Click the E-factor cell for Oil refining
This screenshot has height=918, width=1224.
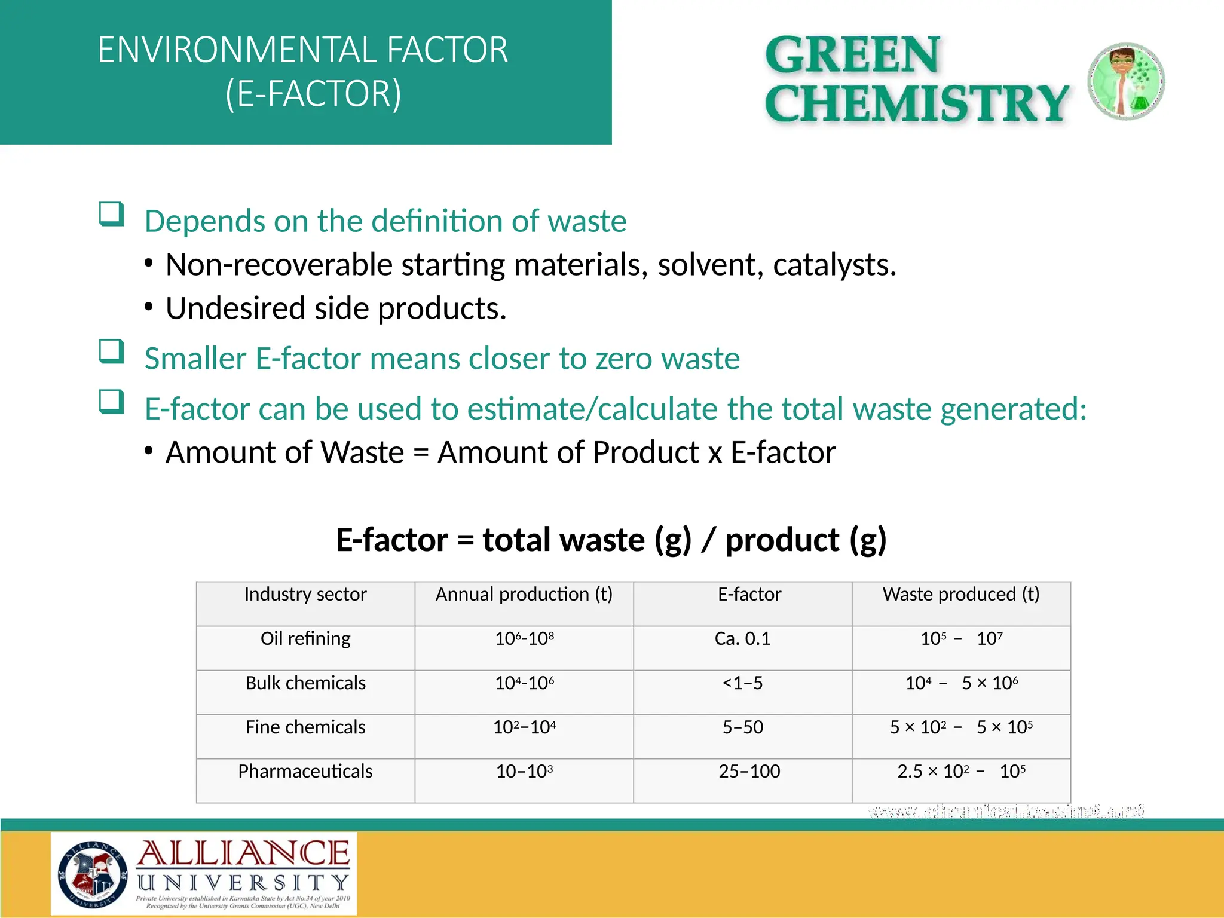(742, 639)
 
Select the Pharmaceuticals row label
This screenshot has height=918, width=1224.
(305, 772)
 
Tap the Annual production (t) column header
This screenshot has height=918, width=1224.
(524, 595)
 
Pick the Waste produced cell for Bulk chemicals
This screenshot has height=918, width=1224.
(961, 683)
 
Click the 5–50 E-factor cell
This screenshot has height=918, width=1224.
(742, 727)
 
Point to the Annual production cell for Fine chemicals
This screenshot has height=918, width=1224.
(524, 727)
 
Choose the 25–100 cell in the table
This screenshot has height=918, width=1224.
(749, 772)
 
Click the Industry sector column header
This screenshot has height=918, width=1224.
(305, 595)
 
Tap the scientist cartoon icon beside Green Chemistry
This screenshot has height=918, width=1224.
(1126, 81)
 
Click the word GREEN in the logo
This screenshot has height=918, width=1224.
(853, 55)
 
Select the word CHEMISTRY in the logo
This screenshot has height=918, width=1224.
(916, 103)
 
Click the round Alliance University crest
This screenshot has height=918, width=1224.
(93, 874)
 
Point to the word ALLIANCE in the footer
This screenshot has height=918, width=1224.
(243, 853)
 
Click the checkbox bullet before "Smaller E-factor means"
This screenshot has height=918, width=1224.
(112, 351)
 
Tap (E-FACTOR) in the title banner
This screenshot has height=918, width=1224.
(313, 94)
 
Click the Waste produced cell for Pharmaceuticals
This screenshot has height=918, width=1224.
(961, 772)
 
